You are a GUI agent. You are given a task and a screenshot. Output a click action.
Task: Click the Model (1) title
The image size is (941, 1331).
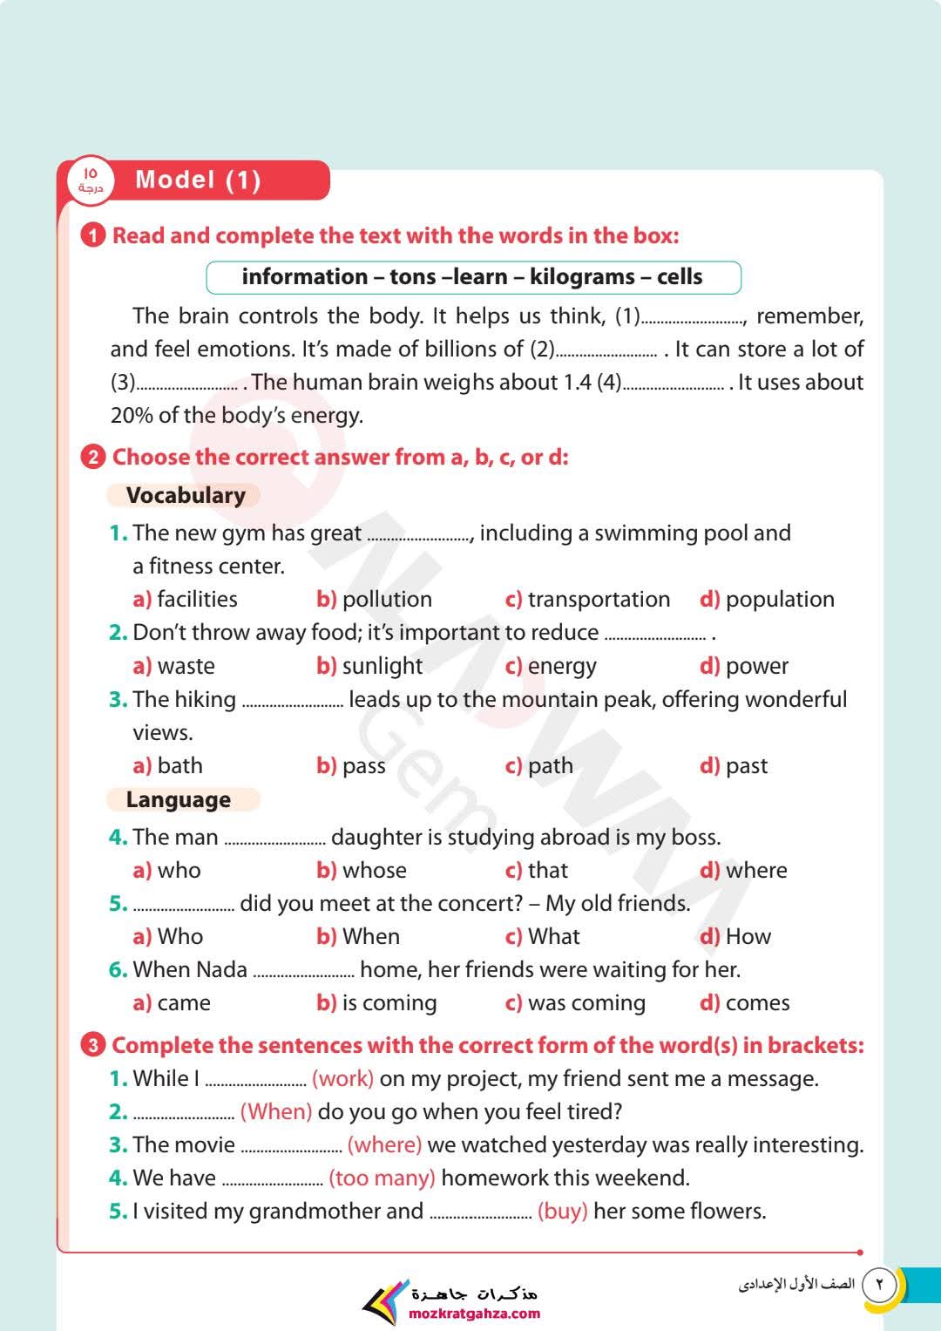(198, 180)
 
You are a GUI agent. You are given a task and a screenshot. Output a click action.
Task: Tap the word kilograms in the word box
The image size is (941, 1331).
(582, 277)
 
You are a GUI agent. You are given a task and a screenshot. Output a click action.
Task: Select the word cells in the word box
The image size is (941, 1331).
(680, 277)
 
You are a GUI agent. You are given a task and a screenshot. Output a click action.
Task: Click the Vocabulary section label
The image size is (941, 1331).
(186, 495)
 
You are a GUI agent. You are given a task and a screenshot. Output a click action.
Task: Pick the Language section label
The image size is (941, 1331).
(179, 800)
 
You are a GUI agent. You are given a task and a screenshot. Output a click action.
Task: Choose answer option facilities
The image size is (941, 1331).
(197, 600)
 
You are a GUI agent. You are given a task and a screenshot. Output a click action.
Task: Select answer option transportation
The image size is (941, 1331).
(599, 600)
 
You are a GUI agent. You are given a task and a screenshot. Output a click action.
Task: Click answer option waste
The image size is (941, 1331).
(186, 667)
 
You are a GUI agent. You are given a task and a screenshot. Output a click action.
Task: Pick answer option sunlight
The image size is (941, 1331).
(382, 667)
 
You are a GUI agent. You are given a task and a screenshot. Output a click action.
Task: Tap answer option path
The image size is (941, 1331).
(550, 766)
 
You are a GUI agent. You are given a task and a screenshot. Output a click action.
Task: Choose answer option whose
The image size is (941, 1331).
(374, 871)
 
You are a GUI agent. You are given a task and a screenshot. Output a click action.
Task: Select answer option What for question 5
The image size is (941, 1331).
(553, 937)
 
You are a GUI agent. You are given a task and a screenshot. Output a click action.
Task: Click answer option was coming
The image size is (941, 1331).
(586, 1003)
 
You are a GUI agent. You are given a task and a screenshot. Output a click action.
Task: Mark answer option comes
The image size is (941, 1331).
(757, 1003)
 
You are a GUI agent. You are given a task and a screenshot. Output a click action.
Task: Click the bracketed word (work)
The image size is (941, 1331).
(342, 1079)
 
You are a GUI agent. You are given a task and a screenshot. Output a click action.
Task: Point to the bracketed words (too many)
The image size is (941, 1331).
(382, 1178)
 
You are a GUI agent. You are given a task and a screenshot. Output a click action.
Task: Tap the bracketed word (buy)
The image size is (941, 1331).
(562, 1212)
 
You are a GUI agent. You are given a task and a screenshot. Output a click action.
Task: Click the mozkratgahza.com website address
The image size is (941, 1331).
(474, 1314)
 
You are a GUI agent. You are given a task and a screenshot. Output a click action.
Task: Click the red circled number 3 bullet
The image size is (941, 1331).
(92, 1045)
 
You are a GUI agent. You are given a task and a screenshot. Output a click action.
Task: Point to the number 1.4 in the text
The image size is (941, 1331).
(578, 383)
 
